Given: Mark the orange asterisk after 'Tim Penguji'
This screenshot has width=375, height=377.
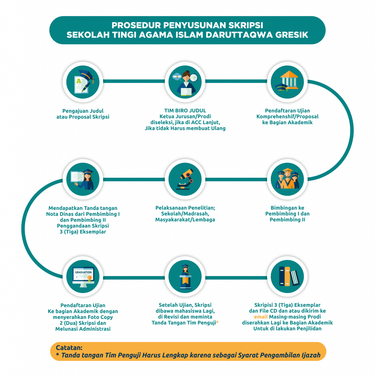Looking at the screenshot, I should point(217,322).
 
